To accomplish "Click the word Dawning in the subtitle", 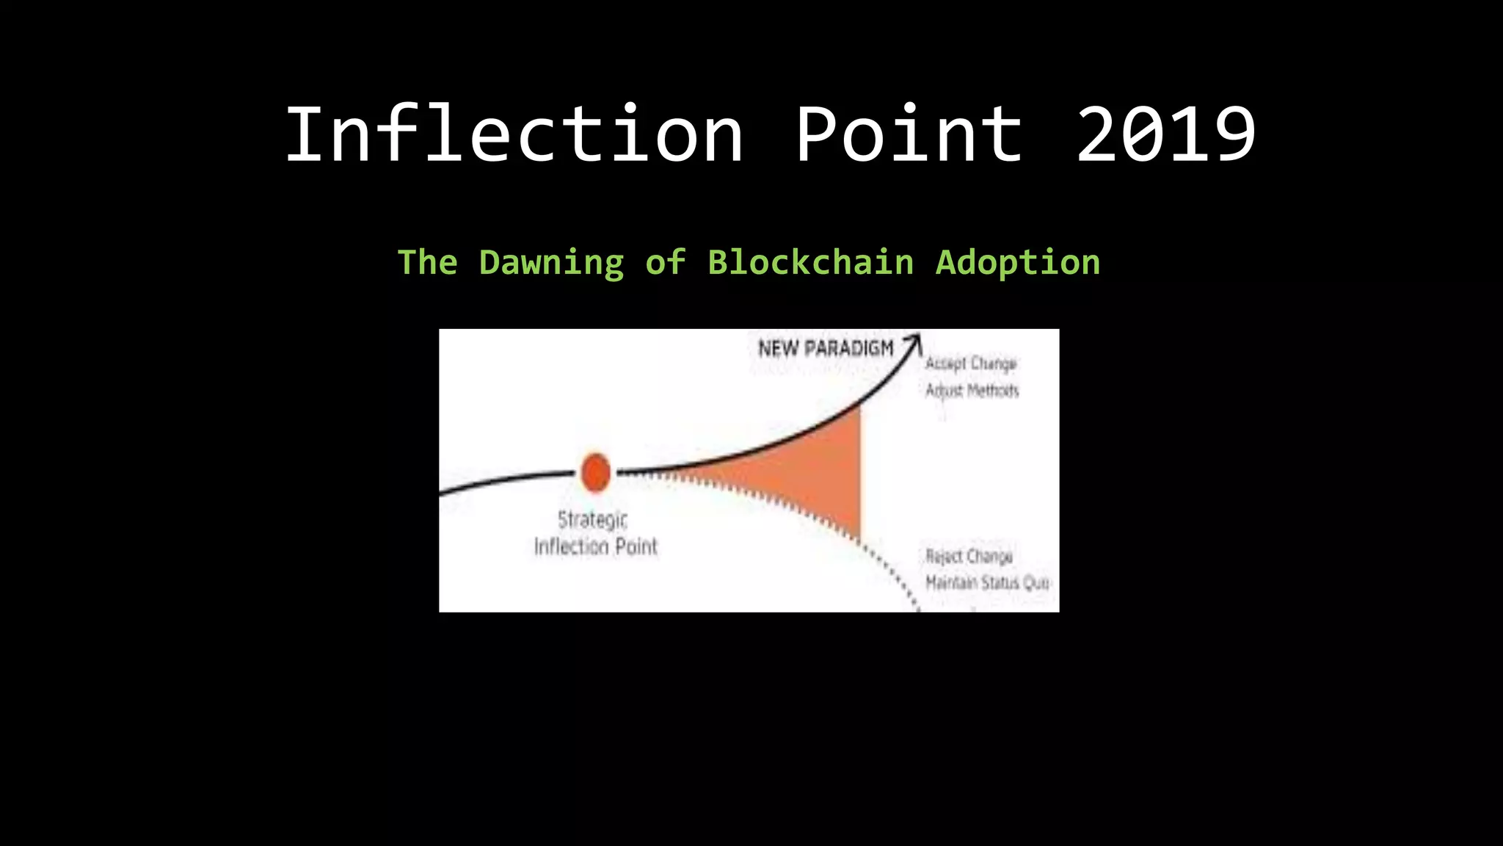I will (x=551, y=263).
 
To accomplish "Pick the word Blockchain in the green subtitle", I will (x=811, y=262).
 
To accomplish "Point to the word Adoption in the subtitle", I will (x=1018, y=263).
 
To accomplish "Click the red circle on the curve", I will (x=595, y=472).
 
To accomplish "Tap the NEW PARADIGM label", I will (x=826, y=348).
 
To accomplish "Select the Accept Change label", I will (x=970, y=364).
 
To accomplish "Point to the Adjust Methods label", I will (x=972, y=390).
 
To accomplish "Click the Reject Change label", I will (x=969, y=556).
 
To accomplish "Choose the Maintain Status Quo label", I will (x=987, y=582).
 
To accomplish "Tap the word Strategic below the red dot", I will (x=592, y=520).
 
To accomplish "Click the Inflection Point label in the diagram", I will (x=595, y=546).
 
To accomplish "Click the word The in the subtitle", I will (x=427, y=263).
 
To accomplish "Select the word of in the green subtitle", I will (x=665, y=263).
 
